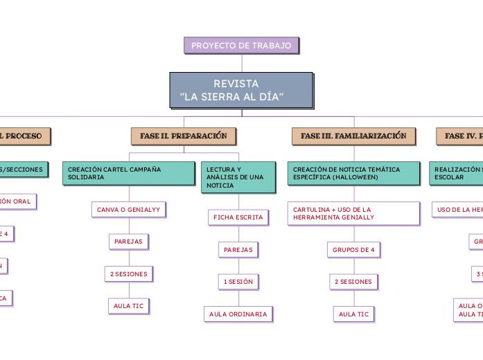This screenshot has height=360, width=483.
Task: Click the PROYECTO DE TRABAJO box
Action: coord(241,46)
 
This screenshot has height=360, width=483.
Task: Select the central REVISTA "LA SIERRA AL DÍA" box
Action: coord(241,90)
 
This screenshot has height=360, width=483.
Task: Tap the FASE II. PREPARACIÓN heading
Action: coord(184,136)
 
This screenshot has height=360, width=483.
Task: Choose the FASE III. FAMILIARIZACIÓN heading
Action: coord(353,136)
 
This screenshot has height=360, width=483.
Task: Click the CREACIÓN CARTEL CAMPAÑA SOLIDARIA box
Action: coord(129,173)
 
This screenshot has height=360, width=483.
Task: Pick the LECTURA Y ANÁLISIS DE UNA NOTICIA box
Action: coord(234,177)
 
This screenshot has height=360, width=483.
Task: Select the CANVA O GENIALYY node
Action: coord(128,209)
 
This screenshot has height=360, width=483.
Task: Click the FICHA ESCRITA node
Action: coord(238,217)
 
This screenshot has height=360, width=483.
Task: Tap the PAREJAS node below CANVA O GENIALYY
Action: coord(128,242)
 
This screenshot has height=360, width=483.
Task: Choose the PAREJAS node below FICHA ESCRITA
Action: coord(238,249)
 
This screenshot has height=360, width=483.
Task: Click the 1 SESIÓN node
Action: coord(238,282)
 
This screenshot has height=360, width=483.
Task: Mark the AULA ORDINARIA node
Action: coord(238,314)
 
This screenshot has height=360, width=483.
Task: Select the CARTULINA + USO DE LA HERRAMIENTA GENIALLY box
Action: coord(353,213)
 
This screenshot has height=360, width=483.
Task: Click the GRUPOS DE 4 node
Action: coord(353,249)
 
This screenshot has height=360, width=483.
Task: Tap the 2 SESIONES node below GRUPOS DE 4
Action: coord(353,282)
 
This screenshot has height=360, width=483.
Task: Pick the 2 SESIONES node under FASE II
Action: coord(128,274)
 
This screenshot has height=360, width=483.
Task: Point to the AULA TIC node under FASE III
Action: coord(353,314)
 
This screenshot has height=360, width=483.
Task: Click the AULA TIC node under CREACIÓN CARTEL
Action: coord(128,306)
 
